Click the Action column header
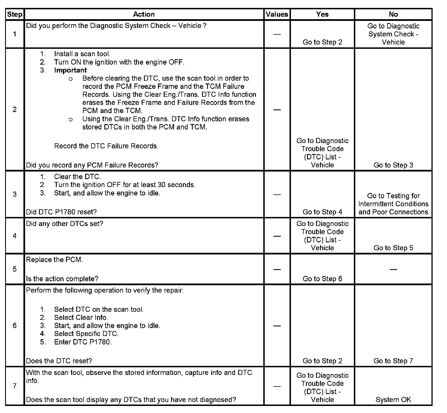point(144,14)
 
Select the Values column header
point(277,14)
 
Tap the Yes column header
point(322,14)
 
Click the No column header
point(393,14)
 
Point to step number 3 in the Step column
point(15,194)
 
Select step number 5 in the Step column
point(15,269)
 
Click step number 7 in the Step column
point(15,386)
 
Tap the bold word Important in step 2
point(70,70)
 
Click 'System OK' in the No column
point(393,399)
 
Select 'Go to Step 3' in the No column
point(393,165)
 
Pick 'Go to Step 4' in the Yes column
point(322,212)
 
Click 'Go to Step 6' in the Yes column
point(322,279)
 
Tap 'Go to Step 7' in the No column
point(393,361)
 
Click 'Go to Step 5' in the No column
point(393,248)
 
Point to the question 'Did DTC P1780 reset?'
point(62,212)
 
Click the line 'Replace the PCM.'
point(54,260)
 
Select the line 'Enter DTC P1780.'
point(83,342)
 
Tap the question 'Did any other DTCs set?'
point(65,224)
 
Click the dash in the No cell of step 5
point(393,269)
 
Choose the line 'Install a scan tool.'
point(82,54)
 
